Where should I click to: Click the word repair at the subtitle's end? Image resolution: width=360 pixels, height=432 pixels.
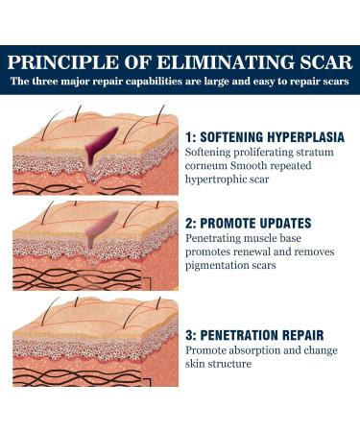[300, 81]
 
